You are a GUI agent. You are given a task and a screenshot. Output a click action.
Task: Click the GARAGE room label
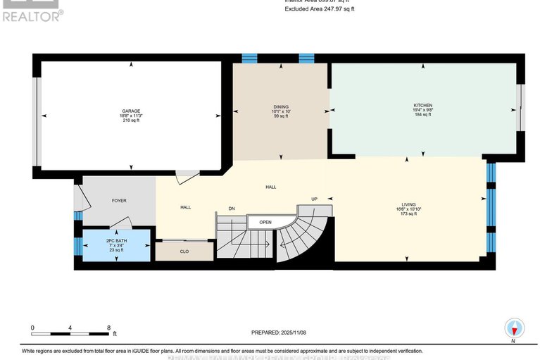[x=131, y=111]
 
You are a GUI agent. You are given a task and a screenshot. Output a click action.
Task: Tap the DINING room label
[x=282, y=106]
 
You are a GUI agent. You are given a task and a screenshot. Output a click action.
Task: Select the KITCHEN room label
[x=422, y=106]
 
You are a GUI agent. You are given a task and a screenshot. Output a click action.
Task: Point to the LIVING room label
[x=408, y=204]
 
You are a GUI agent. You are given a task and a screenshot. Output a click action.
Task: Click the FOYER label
[x=119, y=200]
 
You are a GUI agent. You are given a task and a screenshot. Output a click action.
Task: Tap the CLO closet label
[x=184, y=251]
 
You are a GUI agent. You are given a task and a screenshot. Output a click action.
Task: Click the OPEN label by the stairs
[x=265, y=221]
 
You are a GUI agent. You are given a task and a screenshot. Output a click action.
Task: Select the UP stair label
[x=315, y=199]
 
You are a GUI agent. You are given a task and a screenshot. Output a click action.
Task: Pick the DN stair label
[x=231, y=208]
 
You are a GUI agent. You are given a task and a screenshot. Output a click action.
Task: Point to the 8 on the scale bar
[x=108, y=328]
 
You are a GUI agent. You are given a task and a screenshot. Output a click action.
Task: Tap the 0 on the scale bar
[x=32, y=328]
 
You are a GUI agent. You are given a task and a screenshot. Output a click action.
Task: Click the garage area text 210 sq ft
[x=131, y=120]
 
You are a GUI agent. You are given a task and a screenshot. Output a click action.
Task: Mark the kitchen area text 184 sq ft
[x=422, y=115]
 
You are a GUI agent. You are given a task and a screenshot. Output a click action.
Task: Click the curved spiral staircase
[x=299, y=236]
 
